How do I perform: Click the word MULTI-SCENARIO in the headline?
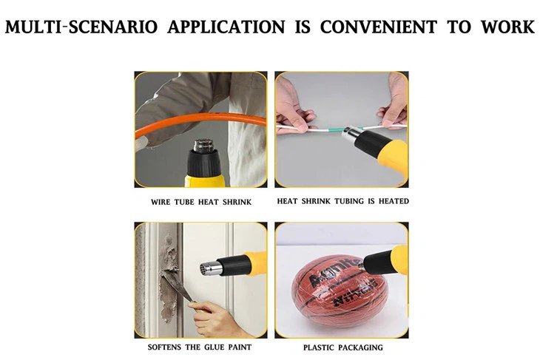tap(81, 27)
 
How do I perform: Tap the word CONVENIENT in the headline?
tap(378, 27)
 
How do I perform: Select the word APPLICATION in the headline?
tap(226, 27)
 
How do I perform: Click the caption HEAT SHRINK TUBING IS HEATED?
tap(342, 201)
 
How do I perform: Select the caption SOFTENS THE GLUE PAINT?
tap(200, 347)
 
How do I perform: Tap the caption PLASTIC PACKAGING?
tap(342, 347)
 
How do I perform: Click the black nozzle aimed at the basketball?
tap(374, 260)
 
